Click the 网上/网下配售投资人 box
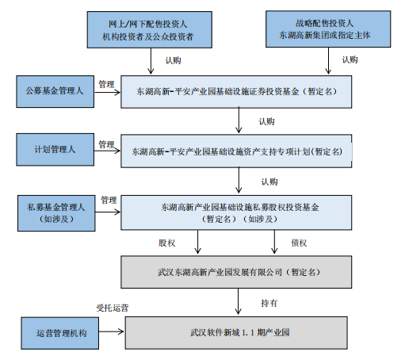[150, 29]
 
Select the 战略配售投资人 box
[328, 29]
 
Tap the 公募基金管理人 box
[55, 91]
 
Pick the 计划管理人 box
[55, 150]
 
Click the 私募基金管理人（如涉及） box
[56, 213]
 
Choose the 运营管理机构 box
[60, 333]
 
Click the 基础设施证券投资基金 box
[236, 92]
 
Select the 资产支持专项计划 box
[236, 151]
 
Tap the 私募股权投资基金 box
[236, 213]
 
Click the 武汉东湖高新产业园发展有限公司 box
[236, 272]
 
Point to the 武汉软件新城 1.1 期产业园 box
[236, 333]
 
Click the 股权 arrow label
[166, 243]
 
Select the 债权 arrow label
[299, 243]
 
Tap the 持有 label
[269, 303]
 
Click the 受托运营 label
[113, 308]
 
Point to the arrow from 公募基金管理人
[108, 92]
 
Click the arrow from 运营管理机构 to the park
[112, 331]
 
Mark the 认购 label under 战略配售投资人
[350, 59]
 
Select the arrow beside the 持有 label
[238, 301]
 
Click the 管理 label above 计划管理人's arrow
[106, 144]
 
